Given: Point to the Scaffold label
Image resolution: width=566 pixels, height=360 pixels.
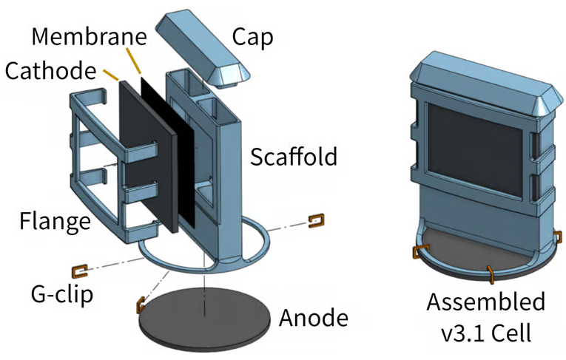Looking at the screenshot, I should (293, 157).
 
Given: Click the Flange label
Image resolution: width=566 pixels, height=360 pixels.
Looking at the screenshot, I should (55, 220).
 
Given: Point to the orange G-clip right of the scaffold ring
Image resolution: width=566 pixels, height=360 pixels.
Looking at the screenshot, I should (315, 220).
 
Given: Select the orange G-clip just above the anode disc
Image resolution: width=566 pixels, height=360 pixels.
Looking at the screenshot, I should (139, 303).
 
